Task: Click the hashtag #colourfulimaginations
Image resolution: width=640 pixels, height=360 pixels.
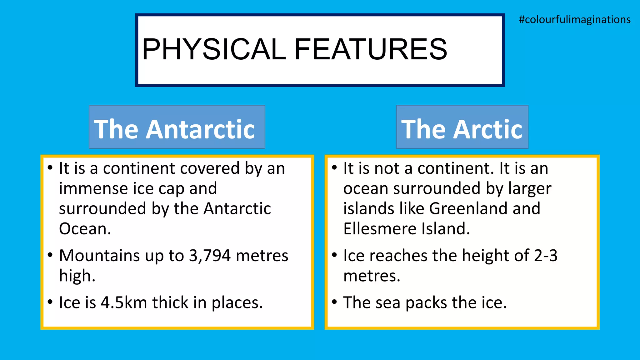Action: (x=574, y=20)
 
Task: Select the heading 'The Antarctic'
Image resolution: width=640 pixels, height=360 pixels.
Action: (x=175, y=129)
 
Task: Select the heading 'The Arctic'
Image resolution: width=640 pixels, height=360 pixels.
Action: (x=462, y=129)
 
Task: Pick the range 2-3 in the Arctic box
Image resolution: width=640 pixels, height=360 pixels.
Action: (x=546, y=256)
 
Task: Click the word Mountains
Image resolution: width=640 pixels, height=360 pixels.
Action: (x=99, y=256)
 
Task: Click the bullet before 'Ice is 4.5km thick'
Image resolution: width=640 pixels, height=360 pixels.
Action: (x=50, y=302)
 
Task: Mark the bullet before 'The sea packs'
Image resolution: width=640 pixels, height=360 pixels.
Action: (x=334, y=302)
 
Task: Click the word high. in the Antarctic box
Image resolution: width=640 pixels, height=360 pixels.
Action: (x=77, y=276)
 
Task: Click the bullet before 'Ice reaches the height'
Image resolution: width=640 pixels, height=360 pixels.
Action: (x=334, y=255)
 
